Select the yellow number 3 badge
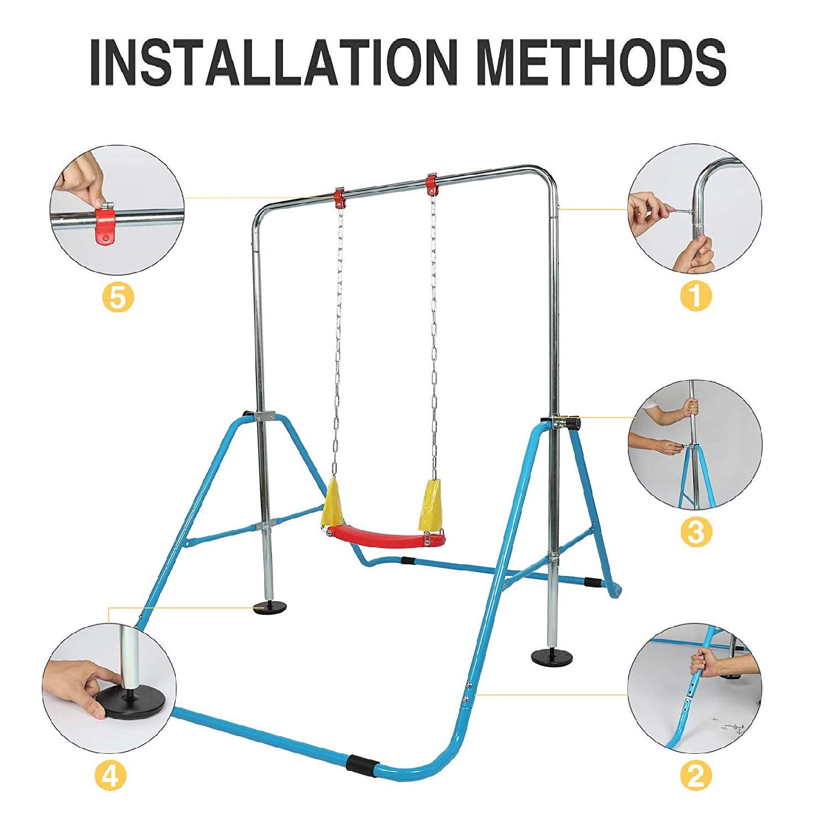tap(695, 532)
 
